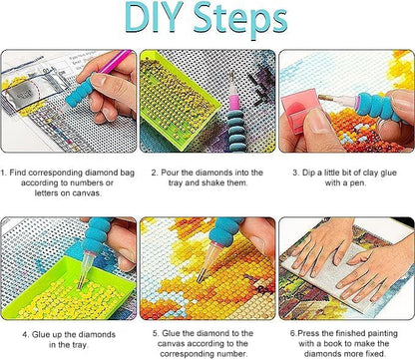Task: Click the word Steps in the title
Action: [240, 20]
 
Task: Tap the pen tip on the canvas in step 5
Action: [200, 278]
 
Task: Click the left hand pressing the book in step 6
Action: [319, 245]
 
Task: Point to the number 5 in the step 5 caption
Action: [156, 333]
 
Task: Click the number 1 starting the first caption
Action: [3, 173]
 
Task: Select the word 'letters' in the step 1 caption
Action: [47, 193]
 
